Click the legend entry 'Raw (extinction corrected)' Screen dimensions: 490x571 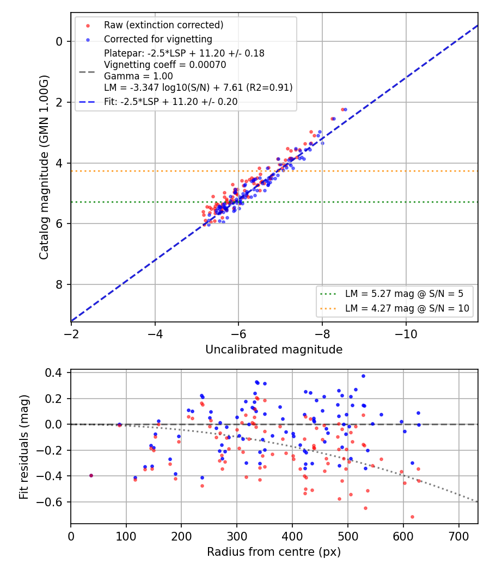[x=163, y=25]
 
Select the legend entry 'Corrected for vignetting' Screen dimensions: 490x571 [x=158, y=39]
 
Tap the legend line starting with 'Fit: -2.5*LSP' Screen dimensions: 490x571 [x=170, y=102]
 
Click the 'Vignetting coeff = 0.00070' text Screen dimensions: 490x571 [x=165, y=65]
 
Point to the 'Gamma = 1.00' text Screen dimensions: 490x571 [x=138, y=76]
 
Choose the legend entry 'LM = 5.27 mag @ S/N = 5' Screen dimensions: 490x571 [x=404, y=294]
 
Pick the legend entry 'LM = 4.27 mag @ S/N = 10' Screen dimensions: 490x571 [x=407, y=308]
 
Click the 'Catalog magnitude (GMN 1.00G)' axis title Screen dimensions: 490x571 [x=44, y=167]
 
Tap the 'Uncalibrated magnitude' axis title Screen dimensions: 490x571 [x=274, y=350]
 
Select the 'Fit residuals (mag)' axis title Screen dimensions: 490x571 [x=24, y=447]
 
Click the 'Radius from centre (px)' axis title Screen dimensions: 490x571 [x=274, y=552]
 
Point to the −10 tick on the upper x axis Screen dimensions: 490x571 [x=406, y=334]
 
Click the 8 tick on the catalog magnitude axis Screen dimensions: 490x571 [x=59, y=284]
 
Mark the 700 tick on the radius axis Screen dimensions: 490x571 [x=458, y=536]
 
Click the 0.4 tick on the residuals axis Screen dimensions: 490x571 [x=53, y=373]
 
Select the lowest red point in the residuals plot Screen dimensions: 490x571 [x=412, y=517]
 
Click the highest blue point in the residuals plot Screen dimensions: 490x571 [x=363, y=376]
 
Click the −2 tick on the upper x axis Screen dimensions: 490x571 [x=71, y=334]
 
